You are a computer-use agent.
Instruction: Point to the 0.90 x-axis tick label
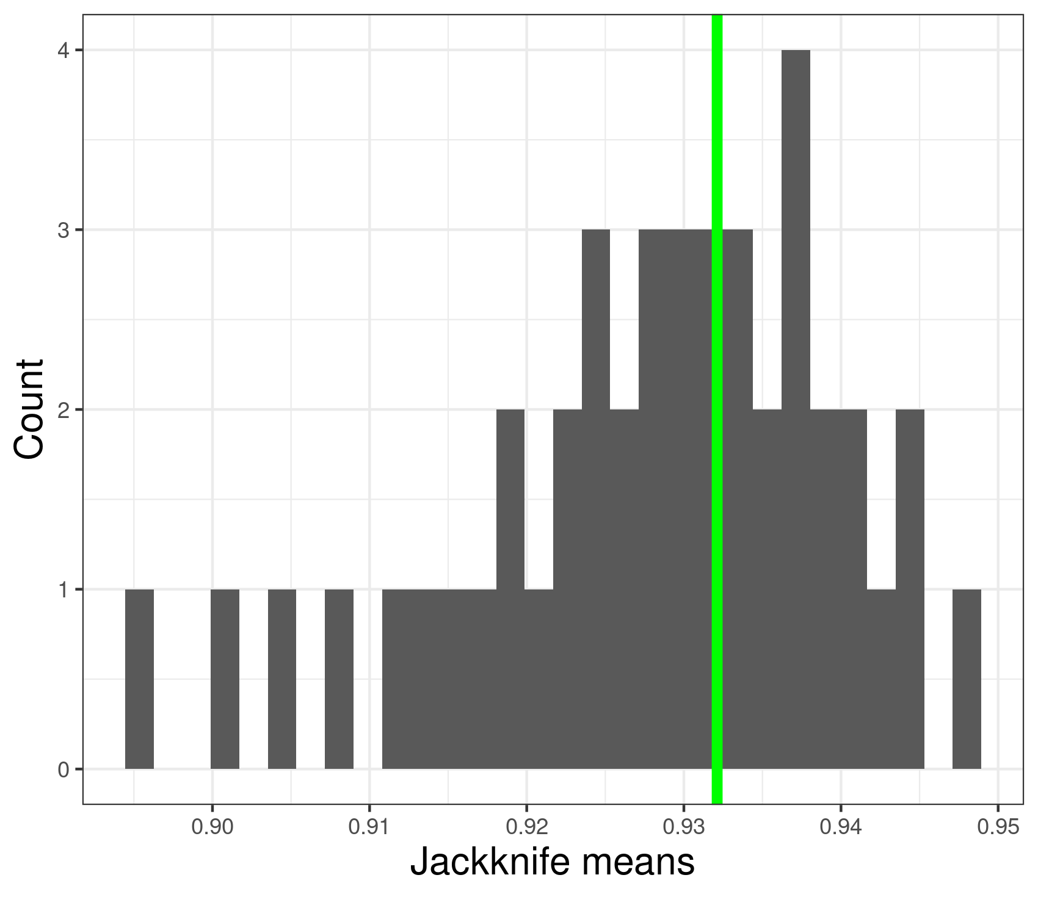(212, 829)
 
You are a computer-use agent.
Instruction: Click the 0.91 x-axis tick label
(369, 829)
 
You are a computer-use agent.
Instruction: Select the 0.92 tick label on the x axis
(526, 829)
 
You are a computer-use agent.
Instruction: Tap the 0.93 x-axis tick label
(683, 829)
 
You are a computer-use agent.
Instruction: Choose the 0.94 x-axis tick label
(841, 829)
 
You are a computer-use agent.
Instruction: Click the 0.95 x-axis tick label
(998, 829)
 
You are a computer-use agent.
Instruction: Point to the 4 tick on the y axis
(63, 51)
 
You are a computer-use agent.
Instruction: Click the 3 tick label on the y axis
(63, 230)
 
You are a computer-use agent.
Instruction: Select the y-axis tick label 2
(63, 410)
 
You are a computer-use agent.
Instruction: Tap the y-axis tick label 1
(63, 589)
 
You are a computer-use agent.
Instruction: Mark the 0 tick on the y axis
(63, 769)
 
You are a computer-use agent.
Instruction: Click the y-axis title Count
(29, 409)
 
